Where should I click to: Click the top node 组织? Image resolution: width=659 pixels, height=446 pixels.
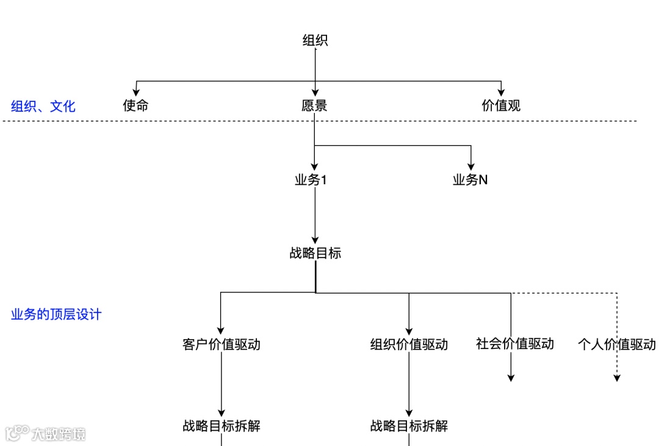click(x=315, y=41)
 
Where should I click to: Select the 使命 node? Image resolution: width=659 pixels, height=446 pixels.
click(x=135, y=106)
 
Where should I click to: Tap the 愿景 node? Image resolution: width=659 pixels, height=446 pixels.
click(x=314, y=106)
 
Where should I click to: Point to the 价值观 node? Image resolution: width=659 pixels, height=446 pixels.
click(x=500, y=106)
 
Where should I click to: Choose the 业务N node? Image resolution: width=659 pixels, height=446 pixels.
click(x=470, y=180)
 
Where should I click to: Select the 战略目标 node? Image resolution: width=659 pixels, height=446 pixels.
click(x=315, y=253)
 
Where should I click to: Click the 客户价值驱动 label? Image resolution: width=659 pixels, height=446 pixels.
click(x=221, y=344)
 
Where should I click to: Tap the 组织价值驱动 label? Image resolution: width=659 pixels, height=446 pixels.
click(x=409, y=344)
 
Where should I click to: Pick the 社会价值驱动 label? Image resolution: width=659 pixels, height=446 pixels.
click(x=514, y=343)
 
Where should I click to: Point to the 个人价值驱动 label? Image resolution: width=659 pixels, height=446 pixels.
click(x=616, y=344)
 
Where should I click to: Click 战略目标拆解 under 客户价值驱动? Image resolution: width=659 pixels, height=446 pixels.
click(x=221, y=426)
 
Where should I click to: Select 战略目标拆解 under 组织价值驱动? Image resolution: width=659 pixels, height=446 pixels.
click(x=409, y=426)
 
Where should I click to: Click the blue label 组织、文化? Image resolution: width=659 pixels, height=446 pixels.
click(x=43, y=106)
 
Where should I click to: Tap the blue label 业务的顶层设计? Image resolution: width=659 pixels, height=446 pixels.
click(x=56, y=315)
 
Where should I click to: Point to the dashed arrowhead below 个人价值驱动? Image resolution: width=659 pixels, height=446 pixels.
click(x=617, y=378)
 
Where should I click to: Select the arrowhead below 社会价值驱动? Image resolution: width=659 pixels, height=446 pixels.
click(x=511, y=378)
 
